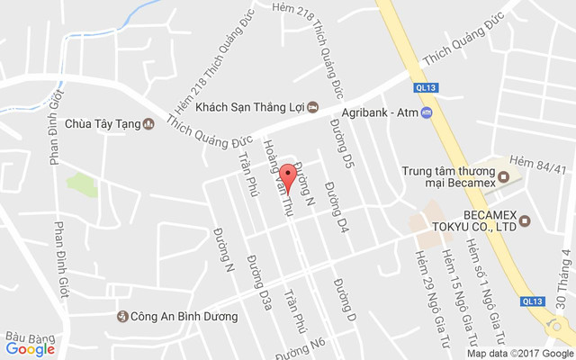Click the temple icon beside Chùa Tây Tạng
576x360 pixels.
pyautogui.click(x=148, y=124)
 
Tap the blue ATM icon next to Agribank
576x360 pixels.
pyautogui.click(x=427, y=112)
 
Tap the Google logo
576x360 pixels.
pyautogui.click(x=30, y=349)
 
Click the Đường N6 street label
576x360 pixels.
pyautogui.click(x=306, y=346)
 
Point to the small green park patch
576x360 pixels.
pyautogui.click(x=82, y=184)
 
